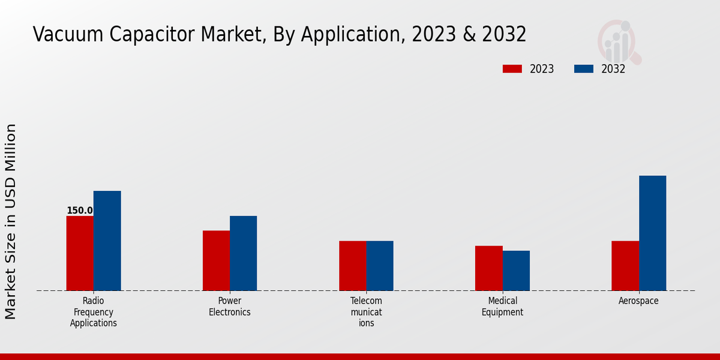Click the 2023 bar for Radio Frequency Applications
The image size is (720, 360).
(80, 253)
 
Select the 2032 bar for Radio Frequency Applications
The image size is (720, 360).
(107, 241)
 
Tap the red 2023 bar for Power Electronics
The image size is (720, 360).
(216, 260)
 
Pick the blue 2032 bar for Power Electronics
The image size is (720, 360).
(243, 253)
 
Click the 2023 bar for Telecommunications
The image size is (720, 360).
(352, 266)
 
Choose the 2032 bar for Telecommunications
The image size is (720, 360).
(380, 266)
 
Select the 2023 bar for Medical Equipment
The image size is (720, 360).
(488, 268)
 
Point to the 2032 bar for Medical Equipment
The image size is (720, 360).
(516, 271)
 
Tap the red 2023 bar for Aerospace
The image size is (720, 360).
(625, 266)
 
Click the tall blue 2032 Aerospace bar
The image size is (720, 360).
(652, 233)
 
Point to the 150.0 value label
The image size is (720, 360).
(79, 211)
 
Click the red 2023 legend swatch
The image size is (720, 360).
(512, 69)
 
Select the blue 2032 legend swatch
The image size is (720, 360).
(583, 69)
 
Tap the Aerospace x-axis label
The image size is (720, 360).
(638, 301)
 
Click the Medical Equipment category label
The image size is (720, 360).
(502, 307)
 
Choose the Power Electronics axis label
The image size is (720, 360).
(230, 307)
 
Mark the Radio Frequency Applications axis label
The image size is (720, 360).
(94, 312)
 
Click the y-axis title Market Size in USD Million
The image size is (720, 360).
(11, 221)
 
